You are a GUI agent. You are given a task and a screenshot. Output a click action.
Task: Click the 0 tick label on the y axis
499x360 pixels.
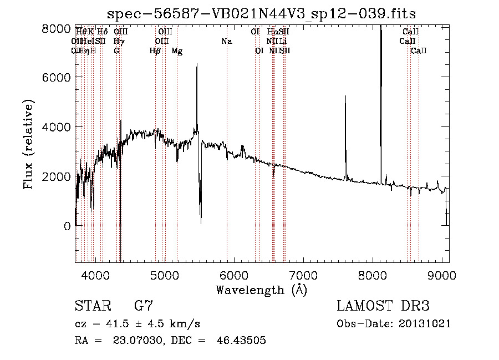(67, 226)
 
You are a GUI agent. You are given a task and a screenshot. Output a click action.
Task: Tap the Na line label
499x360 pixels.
(226, 42)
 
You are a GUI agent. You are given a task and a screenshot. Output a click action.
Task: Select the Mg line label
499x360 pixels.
(177, 51)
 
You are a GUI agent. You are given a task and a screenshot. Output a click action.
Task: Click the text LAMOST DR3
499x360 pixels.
(383, 306)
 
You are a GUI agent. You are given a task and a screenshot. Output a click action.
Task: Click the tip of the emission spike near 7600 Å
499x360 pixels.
(345, 97)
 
